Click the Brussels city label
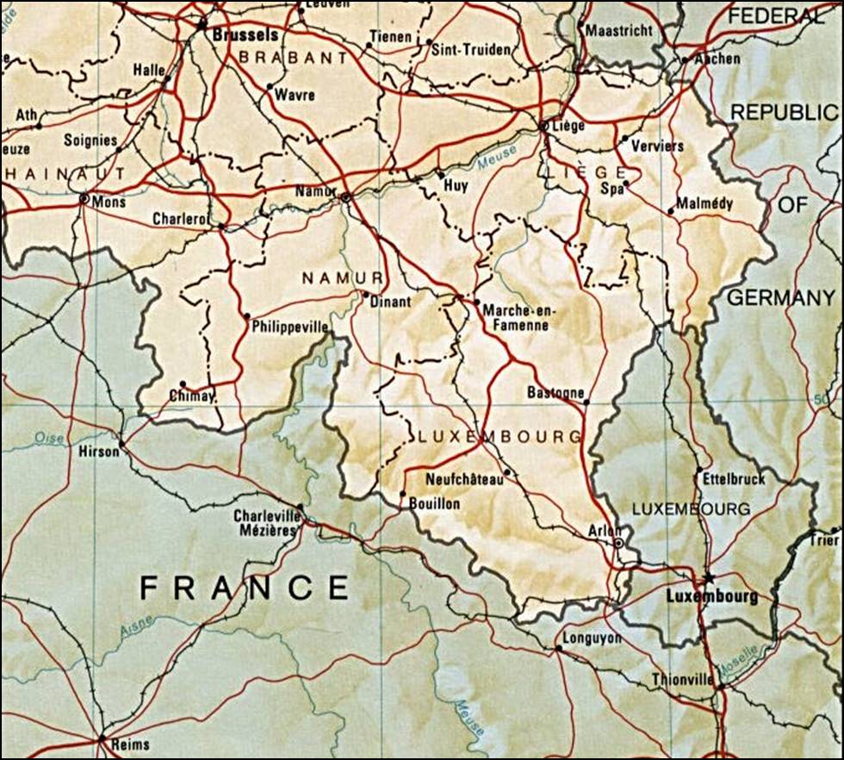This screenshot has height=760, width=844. click(245, 35)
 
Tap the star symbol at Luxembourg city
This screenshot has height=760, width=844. click(708, 577)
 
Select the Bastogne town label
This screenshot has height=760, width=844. click(555, 393)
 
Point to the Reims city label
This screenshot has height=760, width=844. click(129, 744)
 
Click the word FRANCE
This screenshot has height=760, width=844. click(245, 588)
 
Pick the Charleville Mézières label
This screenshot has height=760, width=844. click(265, 523)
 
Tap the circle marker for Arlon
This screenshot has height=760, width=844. click(618, 544)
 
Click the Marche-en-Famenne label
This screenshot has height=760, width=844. click(516, 317)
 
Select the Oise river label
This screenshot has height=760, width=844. click(49, 439)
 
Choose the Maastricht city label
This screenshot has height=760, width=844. click(618, 30)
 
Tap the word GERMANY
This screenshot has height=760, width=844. click(781, 298)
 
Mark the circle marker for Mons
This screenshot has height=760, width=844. click(84, 199)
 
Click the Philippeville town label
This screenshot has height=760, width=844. click(290, 328)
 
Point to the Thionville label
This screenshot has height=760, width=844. click(682, 679)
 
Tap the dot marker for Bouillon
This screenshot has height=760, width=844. click(402, 494)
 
